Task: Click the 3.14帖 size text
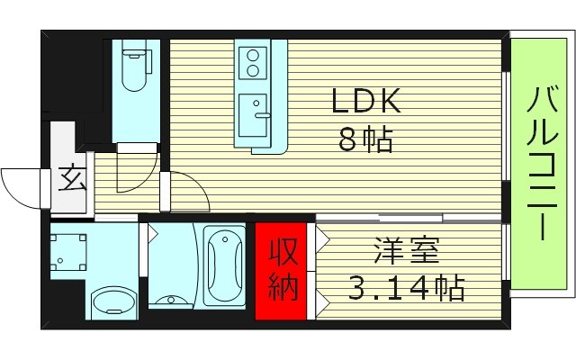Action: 406,289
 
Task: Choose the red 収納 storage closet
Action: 281,271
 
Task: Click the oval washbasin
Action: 112,302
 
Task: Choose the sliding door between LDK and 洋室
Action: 409,217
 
